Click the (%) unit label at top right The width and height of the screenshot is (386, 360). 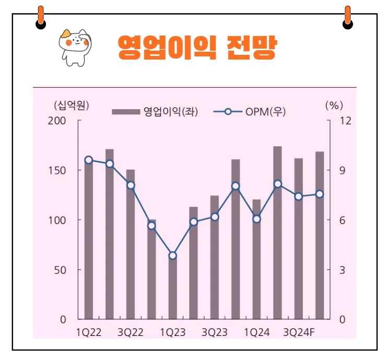[333, 104]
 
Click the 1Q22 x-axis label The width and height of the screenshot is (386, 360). [88, 332]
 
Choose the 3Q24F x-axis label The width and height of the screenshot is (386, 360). [299, 332]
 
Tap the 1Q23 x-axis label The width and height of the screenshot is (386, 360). [172, 332]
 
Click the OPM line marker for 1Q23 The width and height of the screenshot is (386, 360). [172, 256]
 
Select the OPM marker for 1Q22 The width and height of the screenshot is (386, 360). [88, 160]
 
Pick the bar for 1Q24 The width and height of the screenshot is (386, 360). [256, 261]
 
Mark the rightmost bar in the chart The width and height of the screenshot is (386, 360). [320, 235]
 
